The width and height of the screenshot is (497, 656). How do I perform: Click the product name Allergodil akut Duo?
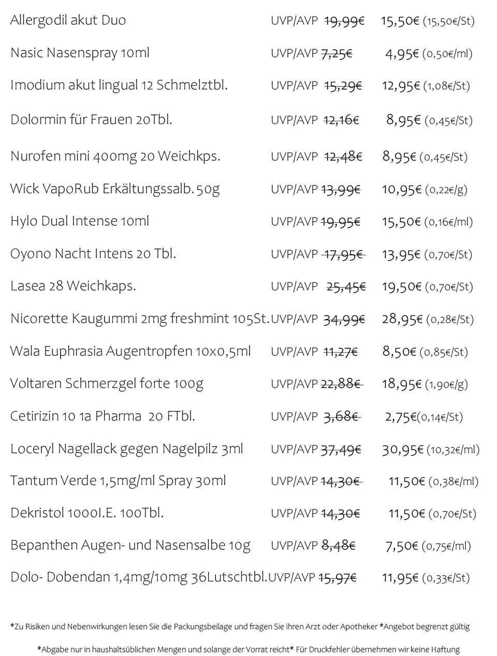pyautogui.click(x=68, y=21)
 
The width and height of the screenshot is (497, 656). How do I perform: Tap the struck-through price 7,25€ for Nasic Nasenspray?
pyautogui.click(x=337, y=53)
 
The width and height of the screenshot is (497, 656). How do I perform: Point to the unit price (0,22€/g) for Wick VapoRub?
pyautogui.click(x=446, y=190)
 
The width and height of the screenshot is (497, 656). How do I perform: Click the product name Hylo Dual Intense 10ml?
pyautogui.click(x=80, y=221)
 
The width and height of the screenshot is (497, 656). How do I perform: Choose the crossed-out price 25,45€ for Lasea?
pyautogui.click(x=346, y=287)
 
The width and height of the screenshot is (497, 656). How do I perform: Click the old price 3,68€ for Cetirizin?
pyautogui.click(x=341, y=417)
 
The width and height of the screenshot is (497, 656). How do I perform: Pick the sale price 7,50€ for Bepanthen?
pyautogui.click(x=402, y=546)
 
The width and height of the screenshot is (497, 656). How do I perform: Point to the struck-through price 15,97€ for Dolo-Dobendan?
pyautogui.click(x=338, y=578)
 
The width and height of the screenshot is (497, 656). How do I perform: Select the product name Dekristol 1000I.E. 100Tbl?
pyautogui.click(x=87, y=514)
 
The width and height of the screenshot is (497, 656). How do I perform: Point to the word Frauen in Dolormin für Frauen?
pyautogui.click(x=112, y=120)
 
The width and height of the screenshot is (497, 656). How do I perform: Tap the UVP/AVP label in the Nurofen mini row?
pyautogui.click(x=294, y=156)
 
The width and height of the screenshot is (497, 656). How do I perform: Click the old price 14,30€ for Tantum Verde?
pyautogui.click(x=340, y=481)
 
